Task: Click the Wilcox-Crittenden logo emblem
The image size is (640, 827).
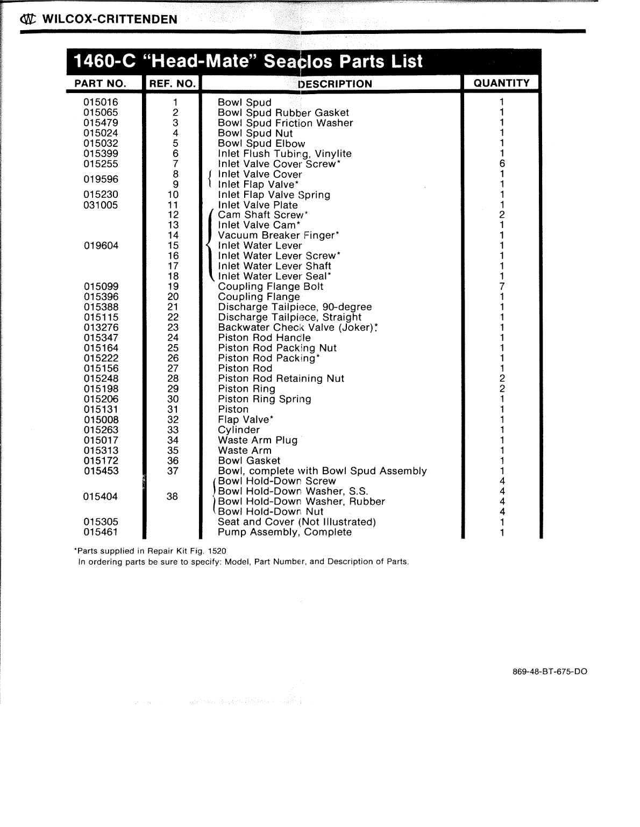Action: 27,20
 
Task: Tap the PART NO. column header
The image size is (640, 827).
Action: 100,83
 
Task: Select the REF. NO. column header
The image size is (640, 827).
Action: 172,83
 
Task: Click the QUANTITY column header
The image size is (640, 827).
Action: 501,83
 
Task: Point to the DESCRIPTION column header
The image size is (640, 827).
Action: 335,84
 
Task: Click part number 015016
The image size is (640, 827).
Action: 101,102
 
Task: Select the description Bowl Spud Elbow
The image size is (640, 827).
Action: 261,144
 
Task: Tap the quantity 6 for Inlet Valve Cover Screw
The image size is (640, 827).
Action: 501,164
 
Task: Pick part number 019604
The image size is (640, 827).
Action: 101,246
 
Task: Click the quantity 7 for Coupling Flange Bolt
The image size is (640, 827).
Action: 501,287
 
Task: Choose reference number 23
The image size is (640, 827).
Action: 173,327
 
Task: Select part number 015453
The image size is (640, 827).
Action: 101,471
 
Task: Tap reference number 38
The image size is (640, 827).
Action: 172,496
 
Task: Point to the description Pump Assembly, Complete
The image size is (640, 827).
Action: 285,532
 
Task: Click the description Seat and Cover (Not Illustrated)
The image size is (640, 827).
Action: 296,522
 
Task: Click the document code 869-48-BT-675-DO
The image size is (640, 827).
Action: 549,672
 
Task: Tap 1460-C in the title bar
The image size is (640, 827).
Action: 105,61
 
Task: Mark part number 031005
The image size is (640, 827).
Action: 101,205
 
